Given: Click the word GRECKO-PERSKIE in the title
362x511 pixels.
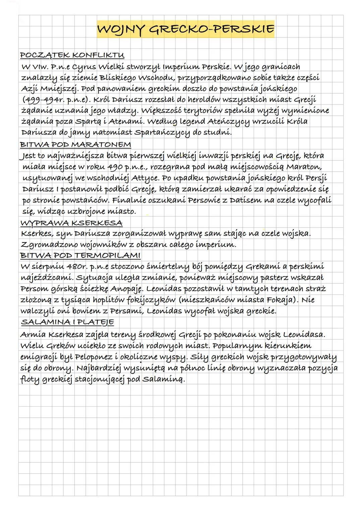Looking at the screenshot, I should point(211,29).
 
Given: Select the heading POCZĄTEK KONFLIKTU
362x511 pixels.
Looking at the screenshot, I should point(72,55).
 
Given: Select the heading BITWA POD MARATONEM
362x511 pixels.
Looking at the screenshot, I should point(75,145).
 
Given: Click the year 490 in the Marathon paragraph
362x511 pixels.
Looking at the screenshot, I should point(115,167).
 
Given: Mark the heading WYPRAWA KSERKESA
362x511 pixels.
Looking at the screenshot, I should point(71,223).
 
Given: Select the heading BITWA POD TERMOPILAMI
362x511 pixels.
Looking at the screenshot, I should point(80,256).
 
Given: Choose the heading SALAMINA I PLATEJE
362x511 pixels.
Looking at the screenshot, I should point(67,322).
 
